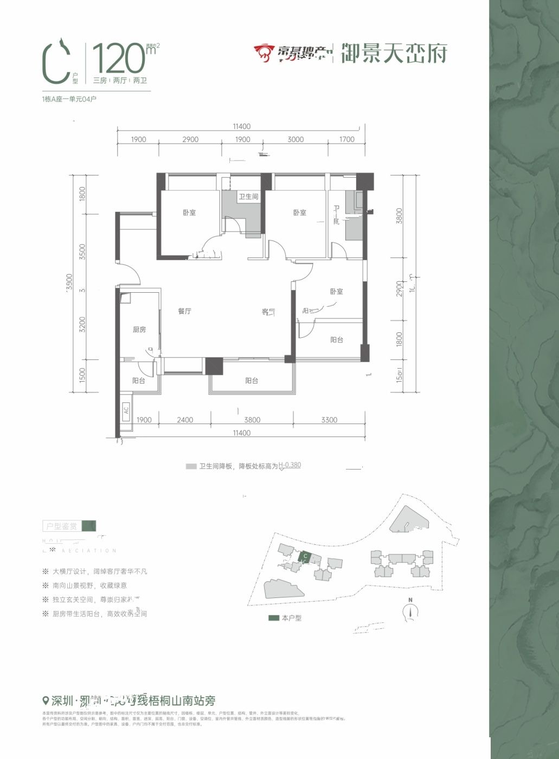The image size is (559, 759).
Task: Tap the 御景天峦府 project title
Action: coord(394,53)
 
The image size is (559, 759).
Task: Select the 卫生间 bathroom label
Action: coord(249,196)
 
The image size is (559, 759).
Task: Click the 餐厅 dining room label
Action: coord(184,311)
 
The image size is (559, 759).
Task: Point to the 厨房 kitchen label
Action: coord(139,329)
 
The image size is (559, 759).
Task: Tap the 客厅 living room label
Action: coord(268,312)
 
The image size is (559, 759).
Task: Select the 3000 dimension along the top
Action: coord(295,139)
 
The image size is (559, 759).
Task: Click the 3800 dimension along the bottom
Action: coord(252,420)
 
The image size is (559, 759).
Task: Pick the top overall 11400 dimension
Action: coord(242,126)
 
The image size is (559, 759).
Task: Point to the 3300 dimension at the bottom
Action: coord(329,420)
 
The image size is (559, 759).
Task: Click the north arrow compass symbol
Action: coord(411,611)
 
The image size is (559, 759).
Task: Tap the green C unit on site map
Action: coord(305,556)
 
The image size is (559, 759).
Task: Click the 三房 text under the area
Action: coord(100,80)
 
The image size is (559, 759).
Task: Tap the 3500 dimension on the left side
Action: coord(82,252)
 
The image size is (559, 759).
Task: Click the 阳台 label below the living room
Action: coord(252,381)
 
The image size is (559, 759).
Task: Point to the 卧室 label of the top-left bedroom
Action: coord(189,213)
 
